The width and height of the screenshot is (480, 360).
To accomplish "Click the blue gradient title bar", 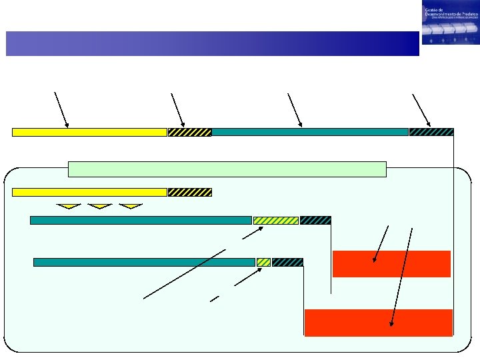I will (212, 43).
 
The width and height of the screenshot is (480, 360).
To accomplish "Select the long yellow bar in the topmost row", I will (89, 132).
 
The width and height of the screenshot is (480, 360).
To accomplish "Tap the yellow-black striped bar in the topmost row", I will (189, 132).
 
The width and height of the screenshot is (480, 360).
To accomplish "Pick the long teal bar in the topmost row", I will (309, 132).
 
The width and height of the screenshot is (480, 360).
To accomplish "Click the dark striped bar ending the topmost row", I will (431, 132).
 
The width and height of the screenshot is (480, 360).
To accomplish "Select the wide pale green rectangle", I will (227, 169).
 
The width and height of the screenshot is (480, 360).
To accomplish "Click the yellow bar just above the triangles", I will (89, 192).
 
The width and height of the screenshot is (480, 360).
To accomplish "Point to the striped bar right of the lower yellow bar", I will (189, 192).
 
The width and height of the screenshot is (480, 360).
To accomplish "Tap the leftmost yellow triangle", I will (69, 206).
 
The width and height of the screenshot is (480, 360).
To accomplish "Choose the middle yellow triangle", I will (99, 206).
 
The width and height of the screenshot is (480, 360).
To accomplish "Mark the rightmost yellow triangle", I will (131, 206).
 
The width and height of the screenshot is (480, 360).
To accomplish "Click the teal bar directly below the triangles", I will (141, 220).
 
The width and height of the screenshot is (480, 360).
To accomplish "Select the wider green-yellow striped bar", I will (275, 220).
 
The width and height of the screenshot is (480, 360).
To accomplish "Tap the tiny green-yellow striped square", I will (263, 262).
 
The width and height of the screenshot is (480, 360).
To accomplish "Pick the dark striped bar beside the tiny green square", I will (287, 262).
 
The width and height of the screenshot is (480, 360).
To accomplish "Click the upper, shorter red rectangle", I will (391, 263).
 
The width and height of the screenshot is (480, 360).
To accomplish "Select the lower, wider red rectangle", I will (379, 323).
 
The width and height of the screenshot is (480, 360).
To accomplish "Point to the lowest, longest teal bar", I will (144, 262).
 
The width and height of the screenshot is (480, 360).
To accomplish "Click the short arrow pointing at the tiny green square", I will (247, 277).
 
